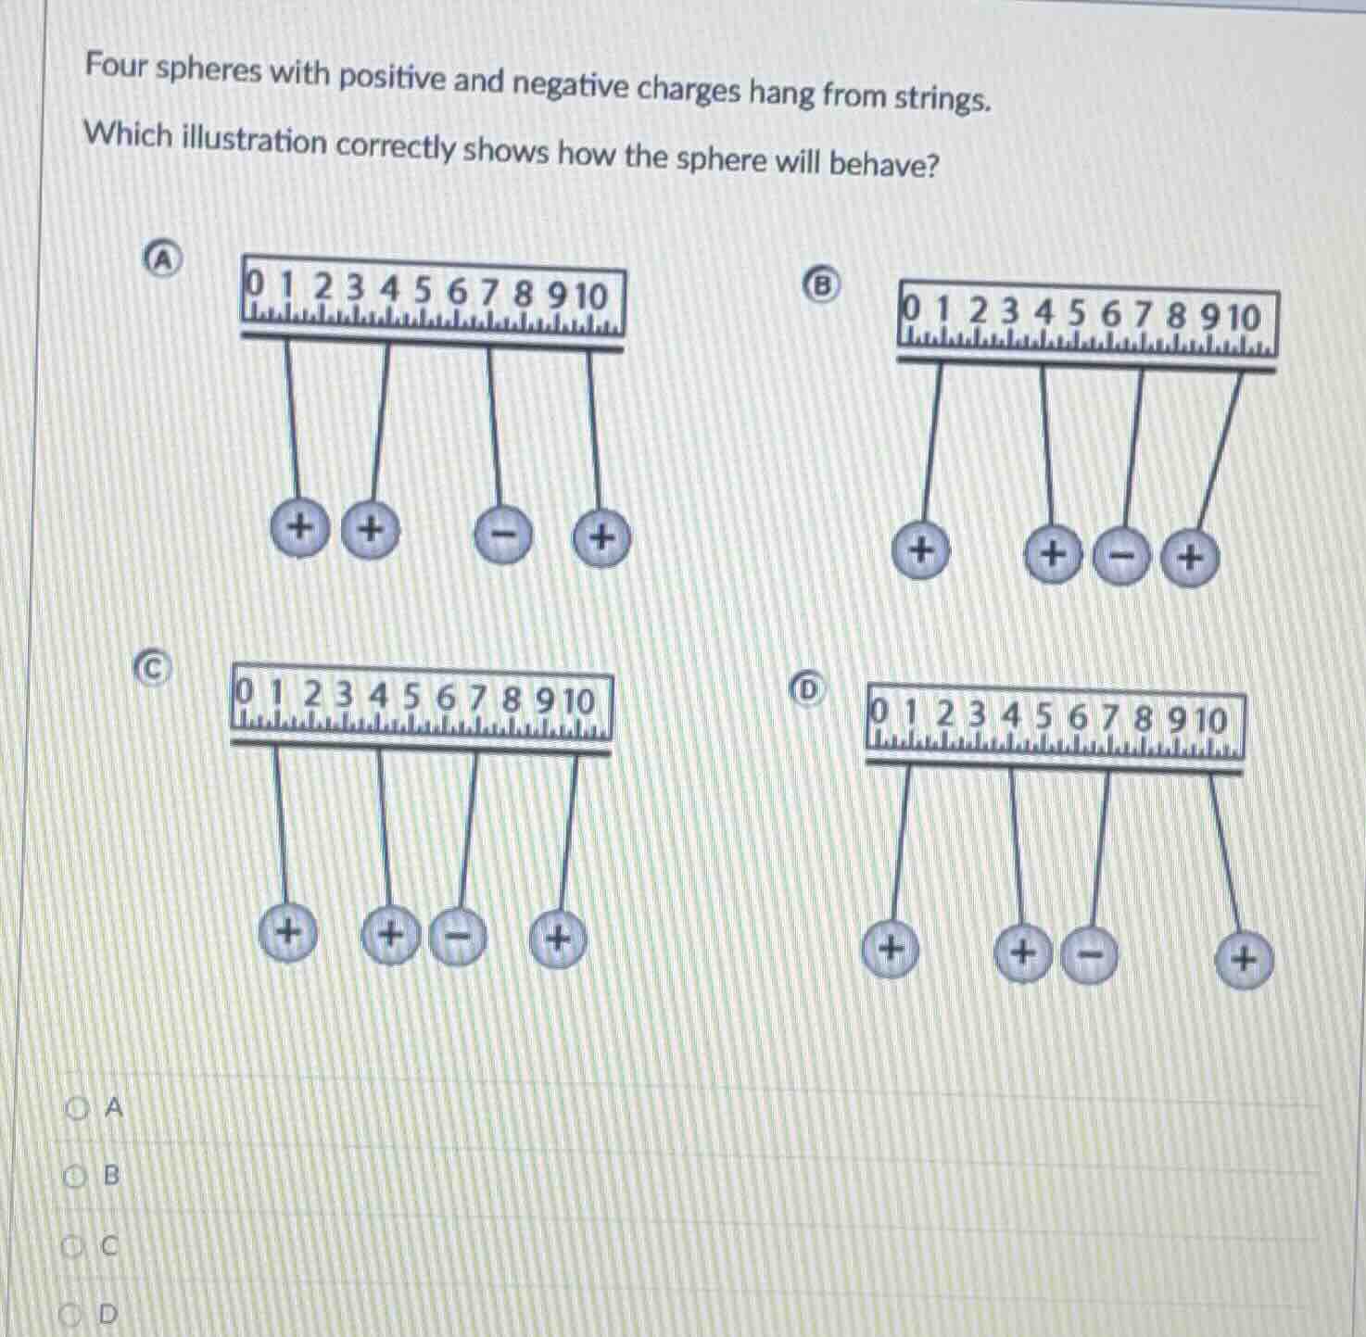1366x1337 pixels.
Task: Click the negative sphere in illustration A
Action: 504,535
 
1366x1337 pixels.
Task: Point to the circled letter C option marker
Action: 154,666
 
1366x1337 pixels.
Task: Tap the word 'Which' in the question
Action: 128,135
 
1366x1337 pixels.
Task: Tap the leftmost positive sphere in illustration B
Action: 920,550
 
